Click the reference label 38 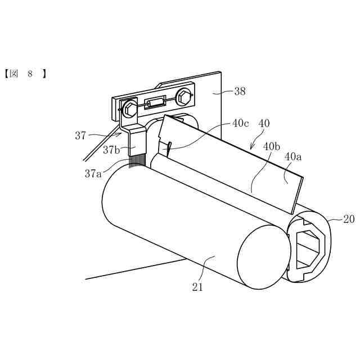click(240, 91)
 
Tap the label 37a click(93, 174)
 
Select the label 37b click(111, 150)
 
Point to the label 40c click(241, 123)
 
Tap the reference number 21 click(197, 287)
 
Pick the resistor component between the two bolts click(155, 102)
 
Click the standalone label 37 click(80, 136)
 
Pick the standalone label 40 click(264, 123)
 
